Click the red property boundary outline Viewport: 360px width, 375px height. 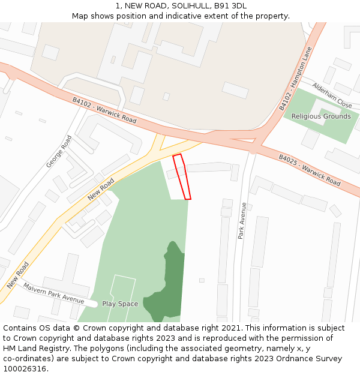point(182,177)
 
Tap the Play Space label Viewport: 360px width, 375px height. point(120,304)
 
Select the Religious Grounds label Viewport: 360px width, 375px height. point(320,116)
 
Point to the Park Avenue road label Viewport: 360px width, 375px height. point(242,221)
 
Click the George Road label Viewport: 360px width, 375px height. point(59,151)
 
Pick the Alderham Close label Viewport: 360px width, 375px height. point(332,95)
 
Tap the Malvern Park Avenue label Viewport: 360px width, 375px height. point(53,292)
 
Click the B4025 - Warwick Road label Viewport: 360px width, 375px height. point(309,170)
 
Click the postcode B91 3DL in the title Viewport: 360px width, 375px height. point(230,6)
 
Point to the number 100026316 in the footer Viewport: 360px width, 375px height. point(23,368)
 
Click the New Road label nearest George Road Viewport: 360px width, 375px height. point(100,189)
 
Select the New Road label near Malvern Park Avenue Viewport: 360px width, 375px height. point(18,275)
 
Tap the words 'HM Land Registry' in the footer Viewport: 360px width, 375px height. point(35,348)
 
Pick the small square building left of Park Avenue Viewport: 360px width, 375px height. point(202,280)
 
